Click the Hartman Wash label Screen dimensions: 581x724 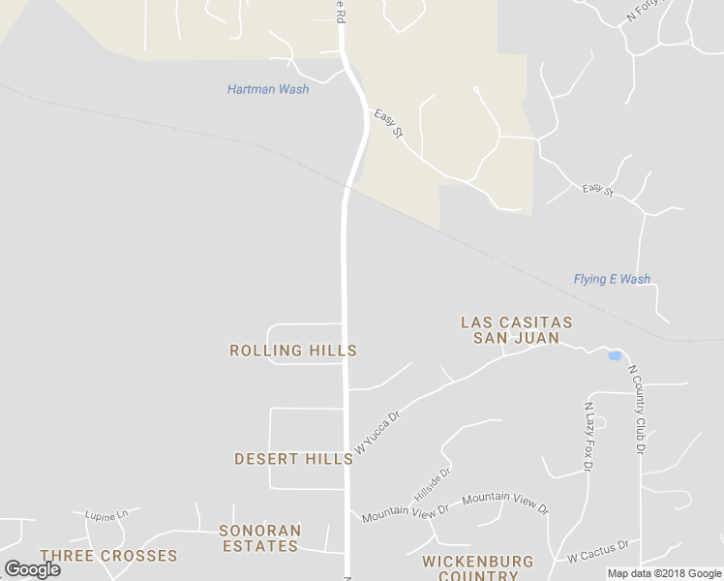click(268, 89)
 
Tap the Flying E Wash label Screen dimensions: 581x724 click(612, 279)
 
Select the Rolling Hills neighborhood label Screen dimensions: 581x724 click(293, 351)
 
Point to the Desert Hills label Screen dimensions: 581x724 click(293, 459)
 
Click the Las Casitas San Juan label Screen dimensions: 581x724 click(516, 329)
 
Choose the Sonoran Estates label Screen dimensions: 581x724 click(259, 538)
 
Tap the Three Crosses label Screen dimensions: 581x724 click(108, 556)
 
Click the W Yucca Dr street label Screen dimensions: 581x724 click(377, 433)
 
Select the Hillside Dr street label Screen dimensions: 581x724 click(433, 485)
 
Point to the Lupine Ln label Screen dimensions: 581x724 click(106, 515)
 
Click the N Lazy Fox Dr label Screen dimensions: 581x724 click(588, 437)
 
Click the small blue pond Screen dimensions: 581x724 click(614, 356)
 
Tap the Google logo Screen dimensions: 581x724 click(32, 569)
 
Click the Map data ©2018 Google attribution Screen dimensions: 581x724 click(664, 573)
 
